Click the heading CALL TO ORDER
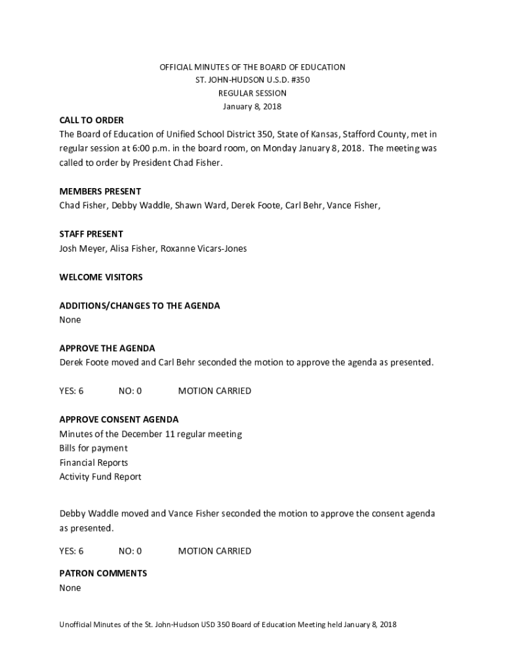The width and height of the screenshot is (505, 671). pyautogui.click(x=91, y=121)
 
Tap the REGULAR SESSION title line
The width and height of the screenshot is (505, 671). pyautogui.click(x=253, y=93)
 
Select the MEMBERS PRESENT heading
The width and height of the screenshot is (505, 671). pyautogui.click(x=100, y=191)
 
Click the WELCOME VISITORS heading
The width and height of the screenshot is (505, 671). pyautogui.click(x=100, y=277)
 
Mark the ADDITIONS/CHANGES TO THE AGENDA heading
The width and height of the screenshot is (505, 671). pyautogui.click(x=140, y=305)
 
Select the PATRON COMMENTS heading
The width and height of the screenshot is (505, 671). pyautogui.click(x=103, y=573)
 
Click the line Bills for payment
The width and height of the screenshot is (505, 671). pyautogui.click(x=93, y=448)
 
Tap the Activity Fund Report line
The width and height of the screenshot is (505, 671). pyautogui.click(x=100, y=476)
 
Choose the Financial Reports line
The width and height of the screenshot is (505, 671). pyautogui.click(x=93, y=463)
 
